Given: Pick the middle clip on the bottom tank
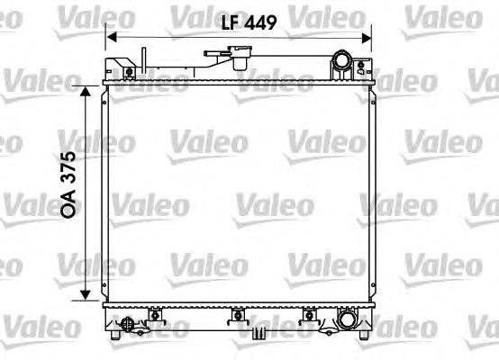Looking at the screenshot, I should tap(238, 314).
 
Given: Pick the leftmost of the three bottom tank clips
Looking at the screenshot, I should tap(156, 314).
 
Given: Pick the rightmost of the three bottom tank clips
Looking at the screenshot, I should tap(309, 314).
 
